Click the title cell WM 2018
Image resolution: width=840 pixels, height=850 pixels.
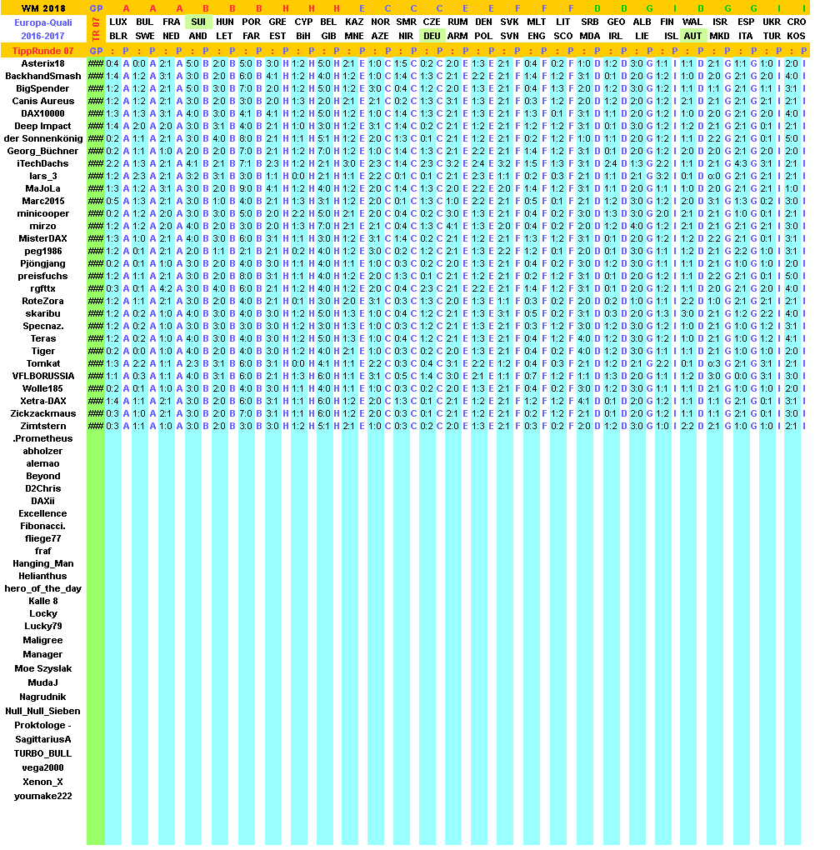pyautogui.click(x=42, y=8)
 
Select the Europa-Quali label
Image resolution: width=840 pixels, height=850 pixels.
pyautogui.click(x=42, y=22)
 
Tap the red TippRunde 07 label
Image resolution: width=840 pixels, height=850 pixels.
pyautogui.click(x=42, y=52)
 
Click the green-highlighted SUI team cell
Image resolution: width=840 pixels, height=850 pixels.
pyautogui.click(x=198, y=22)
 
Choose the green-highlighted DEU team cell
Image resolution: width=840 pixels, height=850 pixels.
pyautogui.click(x=432, y=36)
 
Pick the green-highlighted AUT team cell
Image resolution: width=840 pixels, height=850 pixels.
pyautogui.click(x=692, y=36)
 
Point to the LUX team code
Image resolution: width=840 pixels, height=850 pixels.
pyautogui.click(x=119, y=22)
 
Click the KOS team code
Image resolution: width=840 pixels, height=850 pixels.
pyautogui.click(x=796, y=36)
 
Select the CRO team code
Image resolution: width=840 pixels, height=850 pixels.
pyautogui.click(x=796, y=22)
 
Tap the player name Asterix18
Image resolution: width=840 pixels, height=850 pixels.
pyautogui.click(x=42, y=63)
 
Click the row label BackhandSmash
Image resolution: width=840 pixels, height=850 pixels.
pyautogui.click(x=42, y=76)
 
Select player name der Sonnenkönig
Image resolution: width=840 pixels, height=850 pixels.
pyautogui.click(x=42, y=138)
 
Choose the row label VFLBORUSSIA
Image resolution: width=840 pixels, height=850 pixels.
pyautogui.click(x=42, y=376)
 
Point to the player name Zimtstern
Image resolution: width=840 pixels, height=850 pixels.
pyautogui.click(x=42, y=426)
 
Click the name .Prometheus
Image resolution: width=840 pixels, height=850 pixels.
pyautogui.click(x=42, y=438)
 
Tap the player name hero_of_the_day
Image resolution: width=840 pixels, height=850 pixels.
pyautogui.click(x=42, y=588)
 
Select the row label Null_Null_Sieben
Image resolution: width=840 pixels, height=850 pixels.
pyautogui.click(x=42, y=711)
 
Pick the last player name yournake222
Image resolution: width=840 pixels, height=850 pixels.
pyautogui.click(x=42, y=796)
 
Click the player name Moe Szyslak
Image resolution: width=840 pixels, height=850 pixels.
pyautogui.click(x=42, y=668)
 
